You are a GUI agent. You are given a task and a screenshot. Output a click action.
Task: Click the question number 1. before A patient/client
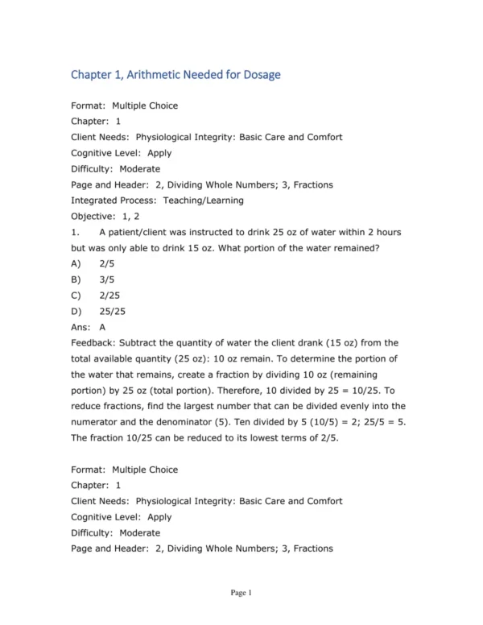pyautogui.click(x=76, y=232)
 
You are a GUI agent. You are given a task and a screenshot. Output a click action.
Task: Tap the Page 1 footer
pyautogui.click(x=242, y=594)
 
